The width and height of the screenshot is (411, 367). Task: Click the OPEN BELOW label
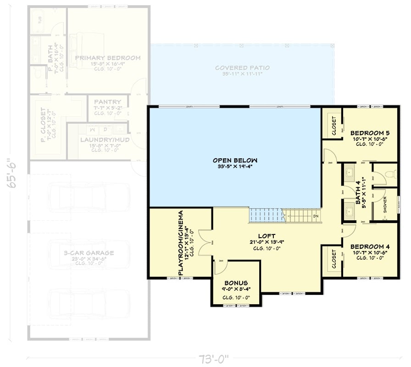235,160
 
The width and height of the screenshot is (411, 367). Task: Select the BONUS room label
236,283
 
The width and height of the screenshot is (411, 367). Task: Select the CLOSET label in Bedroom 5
333,125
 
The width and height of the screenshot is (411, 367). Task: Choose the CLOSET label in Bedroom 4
333,259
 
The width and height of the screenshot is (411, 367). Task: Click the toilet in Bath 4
389,174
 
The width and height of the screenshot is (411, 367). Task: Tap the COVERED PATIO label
243,68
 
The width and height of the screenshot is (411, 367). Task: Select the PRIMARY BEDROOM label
108,58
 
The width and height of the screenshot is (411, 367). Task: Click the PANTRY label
107,101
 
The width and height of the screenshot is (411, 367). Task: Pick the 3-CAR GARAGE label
89,253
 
